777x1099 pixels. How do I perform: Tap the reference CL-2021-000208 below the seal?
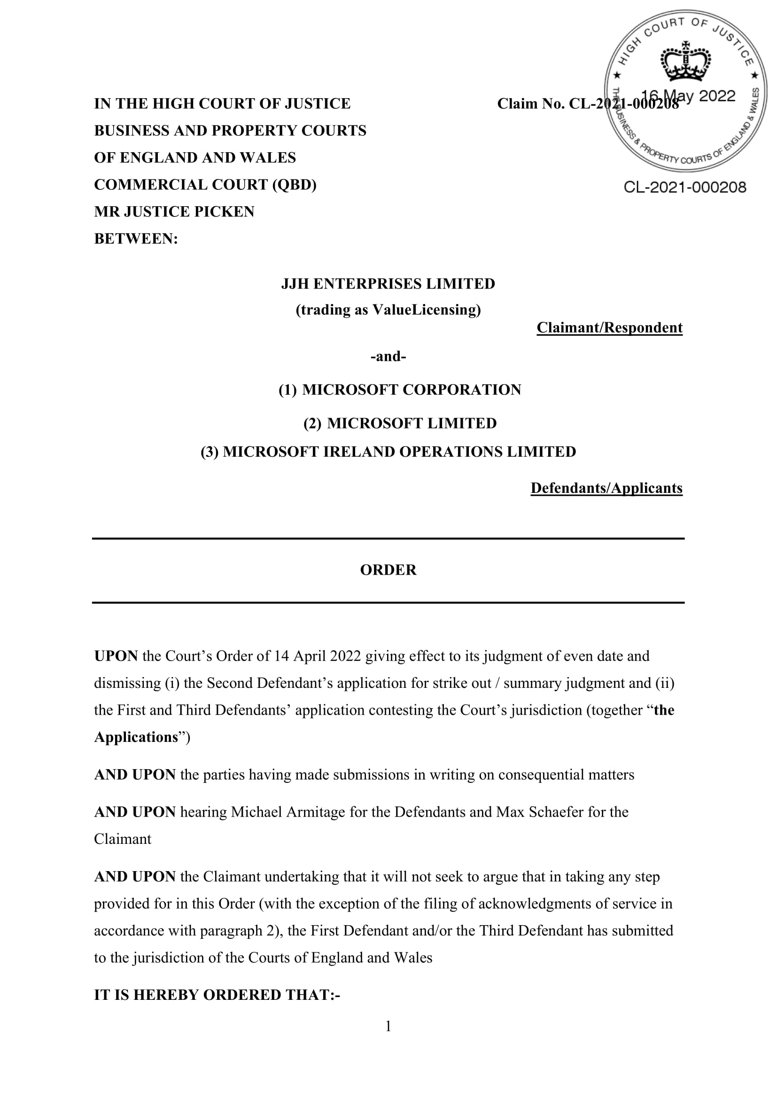point(684,187)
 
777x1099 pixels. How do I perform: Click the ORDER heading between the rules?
point(388,570)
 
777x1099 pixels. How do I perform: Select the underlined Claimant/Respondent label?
point(609,328)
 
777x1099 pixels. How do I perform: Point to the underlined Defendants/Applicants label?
point(606,488)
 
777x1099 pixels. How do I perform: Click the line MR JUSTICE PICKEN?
point(174,211)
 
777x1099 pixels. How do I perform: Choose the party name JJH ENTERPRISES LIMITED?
point(388,284)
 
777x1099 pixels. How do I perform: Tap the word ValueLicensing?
point(423,310)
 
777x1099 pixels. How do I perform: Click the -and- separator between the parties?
point(388,357)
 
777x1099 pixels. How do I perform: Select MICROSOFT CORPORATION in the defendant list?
point(412,390)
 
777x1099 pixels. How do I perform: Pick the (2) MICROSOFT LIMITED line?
point(400,424)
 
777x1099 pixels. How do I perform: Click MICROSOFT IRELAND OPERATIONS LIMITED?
point(399,452)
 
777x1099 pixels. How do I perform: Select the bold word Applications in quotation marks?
point(136,737)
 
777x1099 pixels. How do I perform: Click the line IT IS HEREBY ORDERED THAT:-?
point(217,995)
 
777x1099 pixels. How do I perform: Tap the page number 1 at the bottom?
point(388,1026)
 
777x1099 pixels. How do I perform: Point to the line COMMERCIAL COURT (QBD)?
point(205,185)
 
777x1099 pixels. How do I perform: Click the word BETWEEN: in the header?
point(136,239)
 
